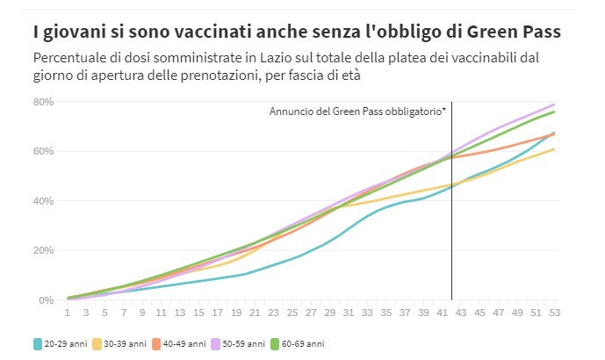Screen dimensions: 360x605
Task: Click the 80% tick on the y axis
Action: (x=44, y=102)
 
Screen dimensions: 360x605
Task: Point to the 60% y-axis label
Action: (x=44, y=151)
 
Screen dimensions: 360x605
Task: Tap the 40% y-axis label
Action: (x=44, y=201)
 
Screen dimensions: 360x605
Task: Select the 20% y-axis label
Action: (x=44, y=250)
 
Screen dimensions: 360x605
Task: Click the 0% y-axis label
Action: (x=47, y=300)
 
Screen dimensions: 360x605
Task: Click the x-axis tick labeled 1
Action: (x=68, y=312)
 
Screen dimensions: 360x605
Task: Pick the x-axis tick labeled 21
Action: (x=255, y=312)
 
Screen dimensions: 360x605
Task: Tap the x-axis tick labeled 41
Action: (x=442, y=312)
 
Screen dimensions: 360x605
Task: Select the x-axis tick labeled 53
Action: (x=554, y=312)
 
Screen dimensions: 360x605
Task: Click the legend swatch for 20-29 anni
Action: (x=39, y=342)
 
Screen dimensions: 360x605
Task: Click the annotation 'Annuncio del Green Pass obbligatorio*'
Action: (x=357, y=112)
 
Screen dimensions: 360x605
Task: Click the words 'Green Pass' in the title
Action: (x=516, y=32)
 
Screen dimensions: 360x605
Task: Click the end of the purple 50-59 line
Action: (x=554, y=104)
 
